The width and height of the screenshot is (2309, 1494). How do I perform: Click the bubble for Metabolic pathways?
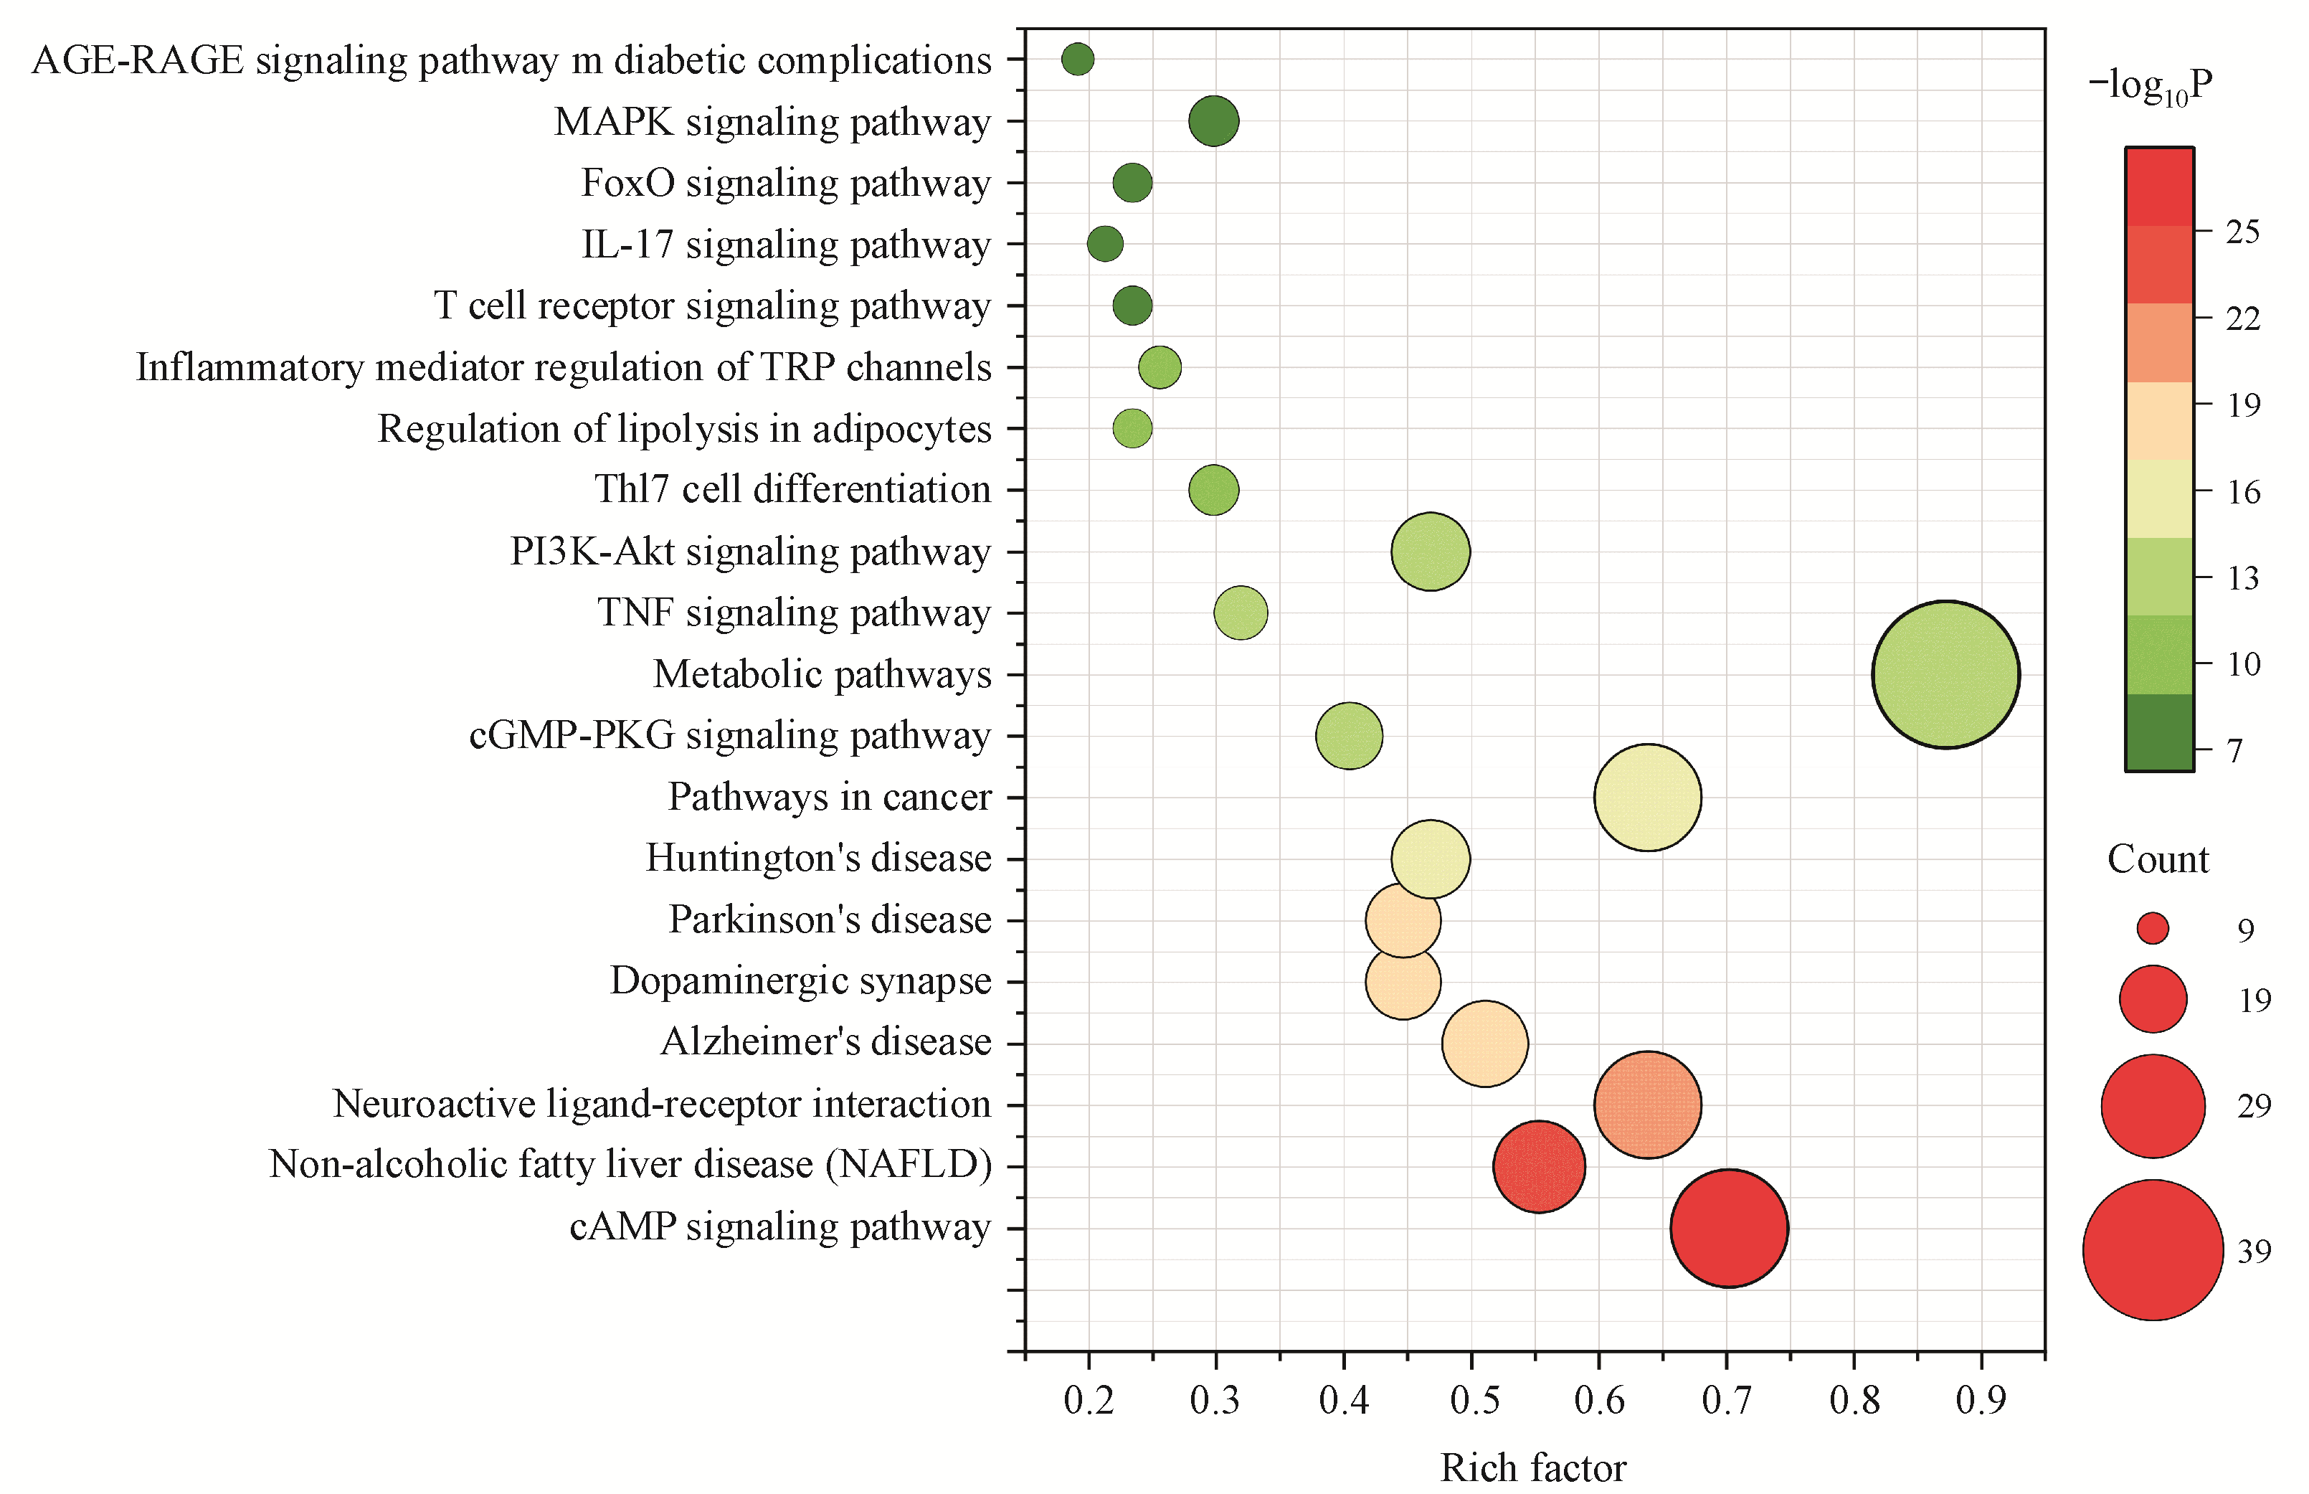pyautogui.click(x=1945, y=674)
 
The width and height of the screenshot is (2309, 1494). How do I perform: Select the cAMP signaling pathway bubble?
pyautogui.click(x=1728, y=1227)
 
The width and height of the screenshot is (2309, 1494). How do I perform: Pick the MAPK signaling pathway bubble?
pyautogui.click(x=1213, y=121)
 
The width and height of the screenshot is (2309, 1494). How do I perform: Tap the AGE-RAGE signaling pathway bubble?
pyautogui.click(x=1077, y=60)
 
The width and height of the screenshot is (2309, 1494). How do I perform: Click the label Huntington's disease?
pyautogui.click(x=818, y=859)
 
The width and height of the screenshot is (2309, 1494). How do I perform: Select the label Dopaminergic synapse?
pyautogui.click(x=800, y=980)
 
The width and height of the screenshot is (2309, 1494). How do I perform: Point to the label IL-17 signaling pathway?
pyautogui.click(x=785, y=245)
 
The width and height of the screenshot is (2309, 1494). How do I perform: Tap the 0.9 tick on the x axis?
pyautogui.click(x=1981, y=1400)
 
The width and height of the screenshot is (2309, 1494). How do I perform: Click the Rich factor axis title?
pyautogui.click(x=1532, y=1467)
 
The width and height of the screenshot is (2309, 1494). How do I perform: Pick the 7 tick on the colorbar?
pyautogui.click(x=2234, y=751)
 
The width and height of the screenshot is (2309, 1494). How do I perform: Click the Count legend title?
pyautogui.click(x=2158, y=859)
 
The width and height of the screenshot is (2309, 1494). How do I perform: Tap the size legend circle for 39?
pyautogui.click(x=2152, y=1249)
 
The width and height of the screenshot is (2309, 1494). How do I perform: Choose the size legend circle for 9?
pyautogui.click(x=2152, y=928)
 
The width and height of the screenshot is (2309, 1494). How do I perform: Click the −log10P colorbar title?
pyautogui.click(x=2150, y=88)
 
